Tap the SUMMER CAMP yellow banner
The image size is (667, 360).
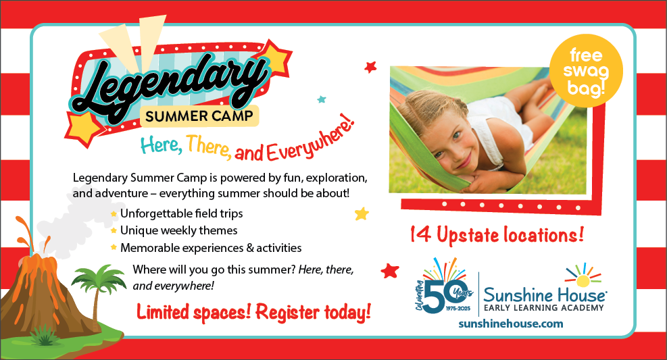click(199, 115)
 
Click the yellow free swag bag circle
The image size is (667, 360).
click(586, 71)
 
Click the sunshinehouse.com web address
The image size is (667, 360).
click(510, 324)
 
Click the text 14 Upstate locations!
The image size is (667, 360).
click(497, 235)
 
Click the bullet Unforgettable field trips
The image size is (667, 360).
click(182, 213)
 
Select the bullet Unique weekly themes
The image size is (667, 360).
click(178, 230)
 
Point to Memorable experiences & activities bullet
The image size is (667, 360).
click(211, 248)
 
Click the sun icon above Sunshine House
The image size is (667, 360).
click(583, 276)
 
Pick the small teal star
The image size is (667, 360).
click(322, 99)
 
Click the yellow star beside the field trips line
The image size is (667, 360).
click(362, 213)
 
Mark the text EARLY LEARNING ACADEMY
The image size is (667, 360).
click(544, 308)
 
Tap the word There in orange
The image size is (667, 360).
click(209, 146)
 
